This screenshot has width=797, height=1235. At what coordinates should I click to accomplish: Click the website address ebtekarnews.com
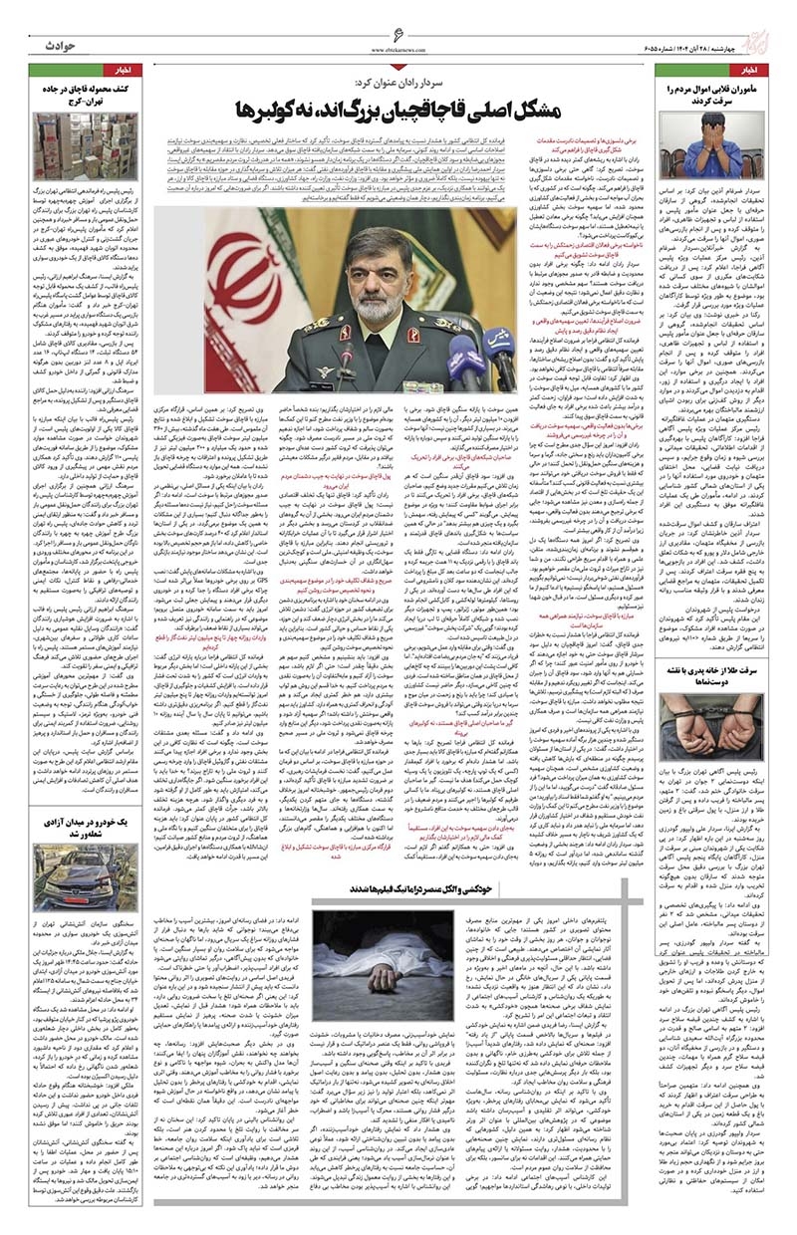(398, 48)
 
